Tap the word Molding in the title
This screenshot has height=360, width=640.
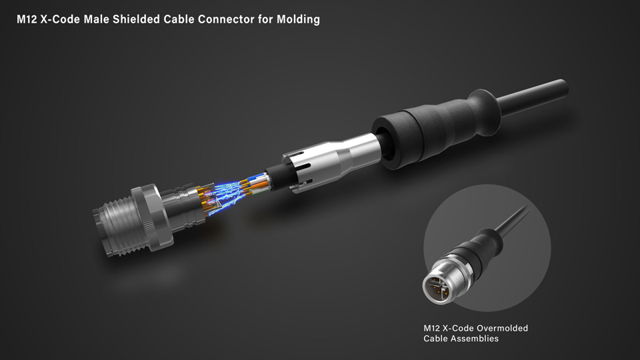click(298, 19)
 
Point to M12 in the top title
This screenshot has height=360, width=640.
click(27, 19)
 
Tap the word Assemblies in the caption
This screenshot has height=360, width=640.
click(475, 339)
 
